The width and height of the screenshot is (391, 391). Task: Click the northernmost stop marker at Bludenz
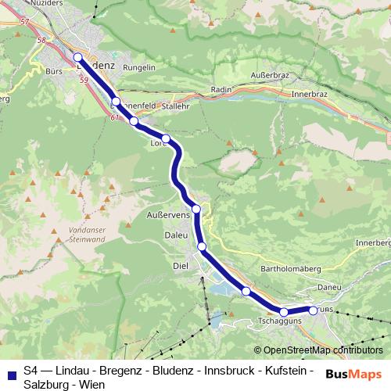pos(78,57)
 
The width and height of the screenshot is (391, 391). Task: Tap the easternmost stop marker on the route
pos(313,310)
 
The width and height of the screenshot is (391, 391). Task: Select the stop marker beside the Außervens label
pos(197,209)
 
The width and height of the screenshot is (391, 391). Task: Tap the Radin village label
pos(221,90)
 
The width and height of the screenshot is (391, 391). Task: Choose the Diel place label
pos(181,266)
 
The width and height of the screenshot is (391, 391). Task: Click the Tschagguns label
pos(280,321)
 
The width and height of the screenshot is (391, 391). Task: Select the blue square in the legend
pos(12,370)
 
